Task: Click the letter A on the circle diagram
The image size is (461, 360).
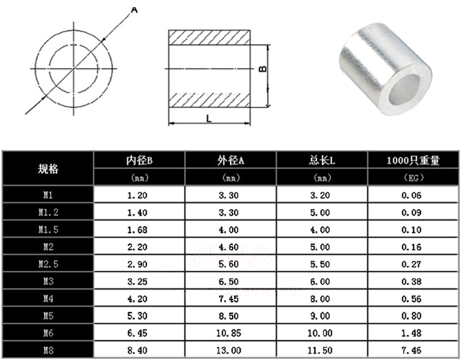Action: (x=134, y=10)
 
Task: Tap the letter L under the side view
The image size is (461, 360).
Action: (x=209, y=119)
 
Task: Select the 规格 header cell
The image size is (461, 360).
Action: (x=48, y=169)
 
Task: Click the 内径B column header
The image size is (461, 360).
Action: (x=139, y=160)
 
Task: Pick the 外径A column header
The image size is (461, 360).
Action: (x=230, y=160)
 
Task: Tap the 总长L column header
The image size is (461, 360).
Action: (x=322, y=160)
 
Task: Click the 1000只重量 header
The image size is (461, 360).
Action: (x=413, y=160)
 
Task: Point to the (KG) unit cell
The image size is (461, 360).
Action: (x=413, y=178)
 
